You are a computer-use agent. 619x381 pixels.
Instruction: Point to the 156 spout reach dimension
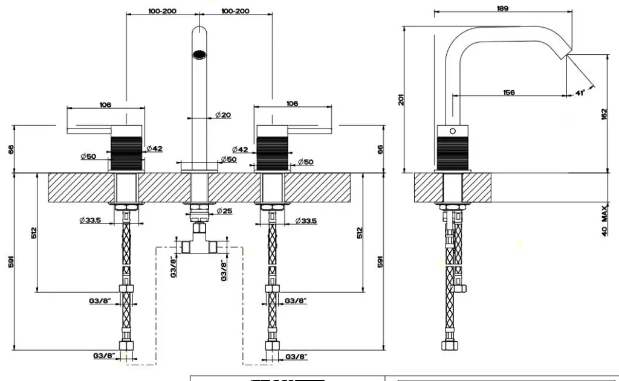[508, 92]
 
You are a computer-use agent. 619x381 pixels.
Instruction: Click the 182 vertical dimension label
[604, 114]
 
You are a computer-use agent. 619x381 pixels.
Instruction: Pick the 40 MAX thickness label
[604, 222]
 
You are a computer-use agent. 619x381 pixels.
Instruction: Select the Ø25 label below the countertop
[224, 211]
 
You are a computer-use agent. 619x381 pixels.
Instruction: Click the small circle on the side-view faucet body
[452, 131]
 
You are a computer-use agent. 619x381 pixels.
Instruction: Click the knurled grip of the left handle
[126, 153]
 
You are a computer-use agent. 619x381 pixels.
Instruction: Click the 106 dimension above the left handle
[105, 105]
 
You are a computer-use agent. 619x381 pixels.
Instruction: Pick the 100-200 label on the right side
[235, 11]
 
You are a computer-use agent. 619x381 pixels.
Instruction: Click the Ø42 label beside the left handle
[154, 149]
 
